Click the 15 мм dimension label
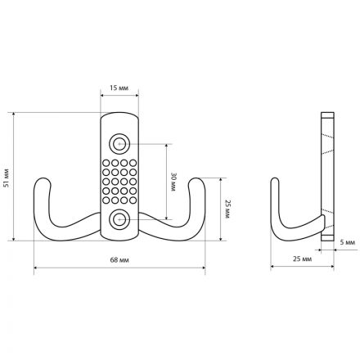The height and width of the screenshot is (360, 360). click(119, 88)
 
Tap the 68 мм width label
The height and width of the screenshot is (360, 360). click(119, 260)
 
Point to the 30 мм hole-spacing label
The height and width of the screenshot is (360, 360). click(173, 182)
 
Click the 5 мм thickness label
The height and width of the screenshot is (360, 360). click(348, 242)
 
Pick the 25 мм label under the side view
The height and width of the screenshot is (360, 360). click(302, 259)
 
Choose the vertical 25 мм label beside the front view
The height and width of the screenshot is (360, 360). click(227, 209)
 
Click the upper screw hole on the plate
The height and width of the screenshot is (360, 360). click(119, 143)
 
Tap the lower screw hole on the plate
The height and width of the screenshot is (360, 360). click(119, 219)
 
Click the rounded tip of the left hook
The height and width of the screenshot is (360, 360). click(43, 180)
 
